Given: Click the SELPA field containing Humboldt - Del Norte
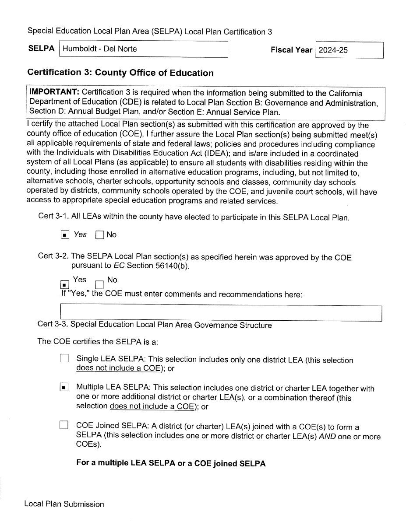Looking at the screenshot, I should click(x=144, y=49).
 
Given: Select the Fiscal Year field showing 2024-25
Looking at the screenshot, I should click(x=349, y=50).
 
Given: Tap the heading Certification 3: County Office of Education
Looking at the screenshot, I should click(x=120, y=73).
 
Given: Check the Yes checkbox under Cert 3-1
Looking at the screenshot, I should click(x=65, y=235).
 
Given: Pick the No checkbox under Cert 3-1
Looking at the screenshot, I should click(x=99, y=235).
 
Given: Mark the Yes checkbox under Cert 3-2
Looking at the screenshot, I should click(x=65, y=285).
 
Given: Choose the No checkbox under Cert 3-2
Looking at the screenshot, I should click(x=99, y=285).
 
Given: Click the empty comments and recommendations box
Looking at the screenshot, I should click(x=221, y=313).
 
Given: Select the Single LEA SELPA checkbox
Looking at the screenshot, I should click(x=64, y=359).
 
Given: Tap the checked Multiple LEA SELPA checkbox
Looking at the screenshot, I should click(x=64, y=387).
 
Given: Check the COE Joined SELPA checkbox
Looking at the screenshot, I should click(x=64, y=425).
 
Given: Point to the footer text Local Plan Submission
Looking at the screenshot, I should click(x=64, y=504).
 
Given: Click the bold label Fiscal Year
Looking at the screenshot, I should click(x=291, y=50).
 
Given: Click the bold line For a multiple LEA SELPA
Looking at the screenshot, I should click(x=171, y=463).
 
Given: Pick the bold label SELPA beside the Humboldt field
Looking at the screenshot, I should click(x=41, y=49).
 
